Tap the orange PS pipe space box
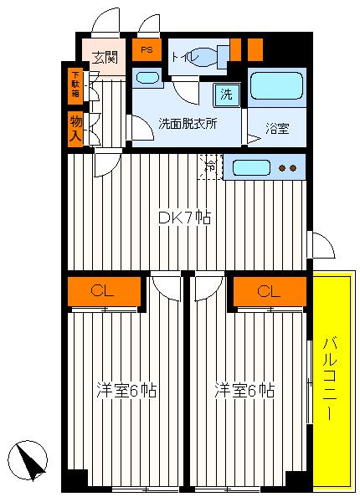pyautogui.click(x=147, y=50)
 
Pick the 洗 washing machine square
pyautogui.click(x=226, y=95)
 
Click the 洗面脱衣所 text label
pyautogui.click(x=188, y=123)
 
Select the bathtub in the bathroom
pyautogui.click(x=276, y=87)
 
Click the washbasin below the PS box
pyautogui.click(x=147, y=79)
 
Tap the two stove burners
pyautogui.click(x=287, y=167)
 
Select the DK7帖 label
pyautogui.click(x=184, y=217)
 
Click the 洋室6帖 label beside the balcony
pyautogui.click(x=244, y=390)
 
